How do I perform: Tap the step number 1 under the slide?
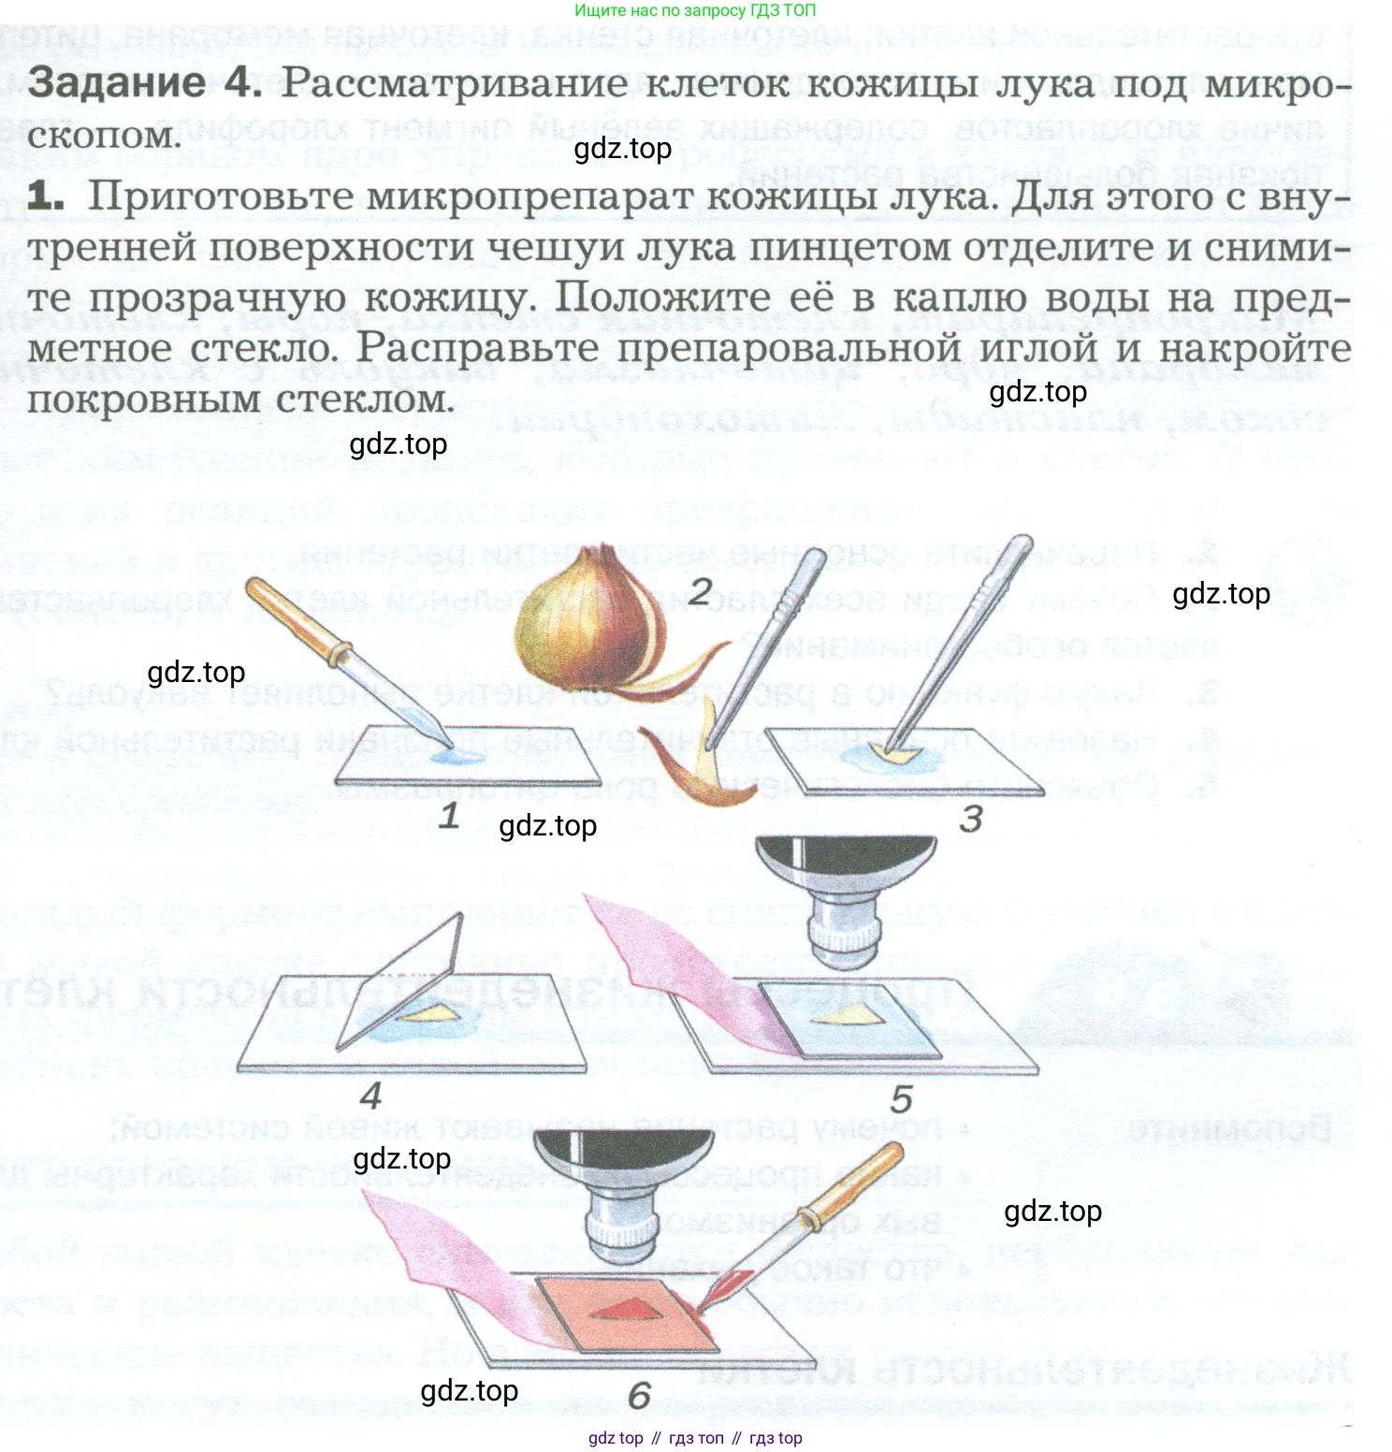(x=449, y=817)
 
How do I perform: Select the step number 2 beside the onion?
(x=700, y=591)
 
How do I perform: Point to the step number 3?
(x=971, y=820)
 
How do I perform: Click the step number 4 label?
(x=371, y=1096)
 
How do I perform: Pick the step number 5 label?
(x=901, y=1099)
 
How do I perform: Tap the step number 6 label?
(x=639, y=1396)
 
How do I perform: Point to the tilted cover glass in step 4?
(x=402, y=982)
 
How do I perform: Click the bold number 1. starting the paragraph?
(x=45, y=196)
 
